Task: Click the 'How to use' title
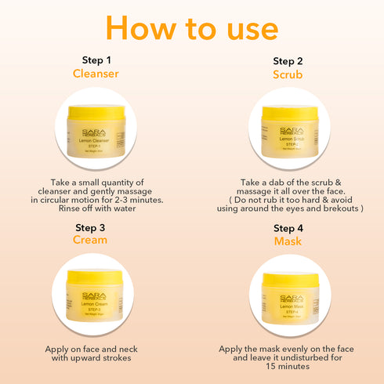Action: [x=192, y=27]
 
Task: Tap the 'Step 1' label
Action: [x=97, y=60]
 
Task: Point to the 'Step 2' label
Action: [x=288, y=60]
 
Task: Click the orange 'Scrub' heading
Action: [x=288, y=75]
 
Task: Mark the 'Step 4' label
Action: [x=288, y=228]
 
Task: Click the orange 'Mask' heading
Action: [x=288, y=241]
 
